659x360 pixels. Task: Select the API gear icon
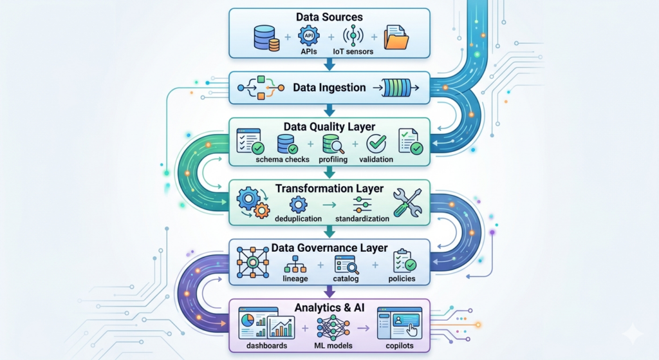tap(308, 35)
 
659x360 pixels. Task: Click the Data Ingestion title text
tap(329, 87)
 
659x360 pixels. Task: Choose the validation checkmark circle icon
tap(376, 143)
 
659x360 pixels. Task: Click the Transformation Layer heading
tap(329, 189)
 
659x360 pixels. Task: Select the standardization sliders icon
tap(362, 205)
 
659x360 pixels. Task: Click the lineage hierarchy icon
tap(296, 264)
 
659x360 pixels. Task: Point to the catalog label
tap(346, 279)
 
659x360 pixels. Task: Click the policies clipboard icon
tap(404, 261)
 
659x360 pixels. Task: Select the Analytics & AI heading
tap(329, 308)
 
